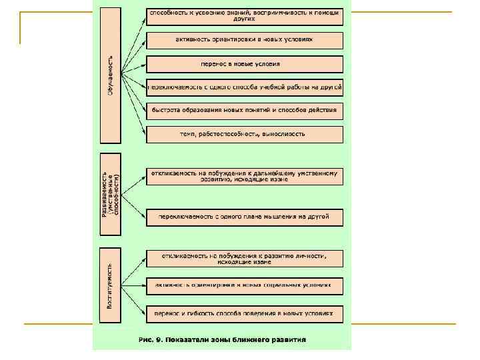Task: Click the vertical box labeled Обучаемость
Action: (111, 75)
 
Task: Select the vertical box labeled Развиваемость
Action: (111, 193)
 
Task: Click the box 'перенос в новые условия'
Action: (245, 64)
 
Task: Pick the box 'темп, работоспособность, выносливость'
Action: (245, 134)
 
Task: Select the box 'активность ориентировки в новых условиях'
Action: (245, 40)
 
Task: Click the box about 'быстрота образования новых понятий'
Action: (245, 110)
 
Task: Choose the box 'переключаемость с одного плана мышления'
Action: (245, 217)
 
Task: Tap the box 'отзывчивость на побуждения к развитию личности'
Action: (245, 259)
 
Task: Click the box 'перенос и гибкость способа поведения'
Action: (245, 311)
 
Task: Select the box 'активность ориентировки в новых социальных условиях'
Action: (245, 285)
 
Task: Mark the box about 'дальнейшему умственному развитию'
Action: (245, 176)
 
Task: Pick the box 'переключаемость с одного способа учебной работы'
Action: (245, 87)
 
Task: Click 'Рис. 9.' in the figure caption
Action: (151, 339)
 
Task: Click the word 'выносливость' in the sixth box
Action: (285, 134)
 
